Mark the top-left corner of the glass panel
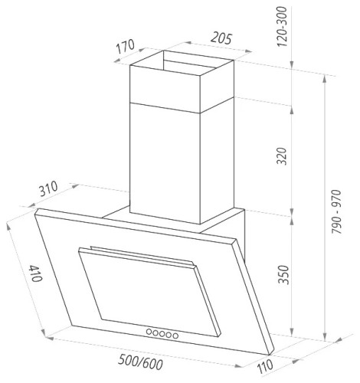36,209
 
